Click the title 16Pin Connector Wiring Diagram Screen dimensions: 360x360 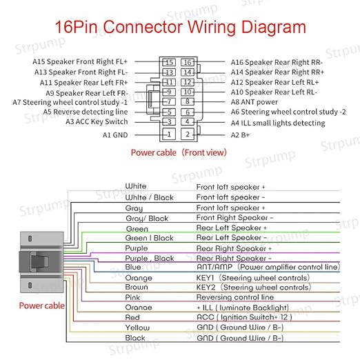181,27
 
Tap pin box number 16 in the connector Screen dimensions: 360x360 188,62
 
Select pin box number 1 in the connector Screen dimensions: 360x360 169,134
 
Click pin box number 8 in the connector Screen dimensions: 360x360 188,101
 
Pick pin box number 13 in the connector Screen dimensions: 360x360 169,72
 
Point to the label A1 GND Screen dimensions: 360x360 115,135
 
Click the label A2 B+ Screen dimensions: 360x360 240,135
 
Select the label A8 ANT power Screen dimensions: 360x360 254,102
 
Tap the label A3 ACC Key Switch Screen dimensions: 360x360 97,121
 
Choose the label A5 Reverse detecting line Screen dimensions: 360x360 86,112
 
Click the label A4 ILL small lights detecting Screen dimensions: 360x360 278,123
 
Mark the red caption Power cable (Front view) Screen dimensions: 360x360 179,152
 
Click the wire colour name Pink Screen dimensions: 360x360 132,297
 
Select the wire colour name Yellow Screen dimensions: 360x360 137,328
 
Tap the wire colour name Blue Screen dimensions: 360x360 133,267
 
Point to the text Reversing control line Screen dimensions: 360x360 235,297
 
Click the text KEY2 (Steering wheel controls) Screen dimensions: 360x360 254,287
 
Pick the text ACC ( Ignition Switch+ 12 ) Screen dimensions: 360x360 244,317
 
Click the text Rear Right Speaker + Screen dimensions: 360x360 234,248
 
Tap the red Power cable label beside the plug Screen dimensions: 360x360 41,306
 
